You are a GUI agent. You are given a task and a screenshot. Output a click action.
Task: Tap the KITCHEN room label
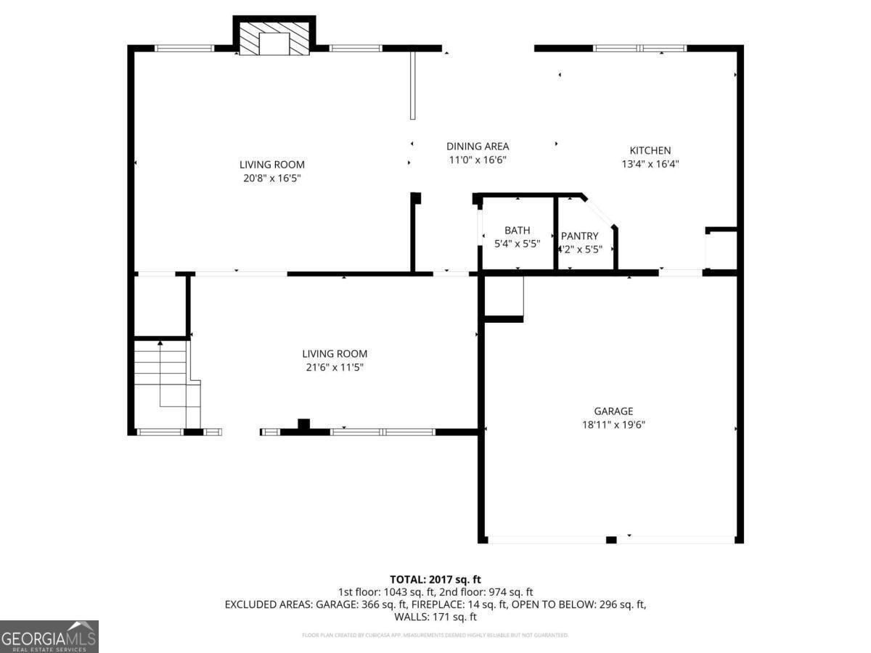[650, 150]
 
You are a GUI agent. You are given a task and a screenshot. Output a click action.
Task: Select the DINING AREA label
[477, 146]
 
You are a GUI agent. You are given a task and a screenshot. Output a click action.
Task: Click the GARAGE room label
[613, 411]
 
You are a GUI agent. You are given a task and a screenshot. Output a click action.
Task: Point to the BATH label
[518, 230]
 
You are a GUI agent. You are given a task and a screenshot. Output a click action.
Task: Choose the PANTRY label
[579, 236]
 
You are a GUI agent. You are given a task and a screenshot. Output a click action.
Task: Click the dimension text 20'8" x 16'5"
[271, 178]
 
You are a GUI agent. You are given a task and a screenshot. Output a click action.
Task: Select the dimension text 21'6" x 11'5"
[334, 367]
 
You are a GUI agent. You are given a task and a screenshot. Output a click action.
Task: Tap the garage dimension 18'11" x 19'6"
[613, 424]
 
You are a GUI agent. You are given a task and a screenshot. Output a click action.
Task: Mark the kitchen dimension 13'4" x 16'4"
[650, 164]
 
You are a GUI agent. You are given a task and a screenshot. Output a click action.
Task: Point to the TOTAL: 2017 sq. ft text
[435, 579]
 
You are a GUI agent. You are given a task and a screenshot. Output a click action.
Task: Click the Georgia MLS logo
[49, 636]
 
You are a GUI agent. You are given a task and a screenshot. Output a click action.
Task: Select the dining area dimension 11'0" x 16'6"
[477, 160]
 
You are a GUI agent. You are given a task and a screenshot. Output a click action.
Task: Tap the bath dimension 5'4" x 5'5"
[518, 244]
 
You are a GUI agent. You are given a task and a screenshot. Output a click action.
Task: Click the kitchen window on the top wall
[639, 49]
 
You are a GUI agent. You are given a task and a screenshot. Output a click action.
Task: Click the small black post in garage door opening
[611, 539]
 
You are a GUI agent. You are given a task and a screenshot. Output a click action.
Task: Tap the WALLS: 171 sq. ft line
[435, 617]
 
